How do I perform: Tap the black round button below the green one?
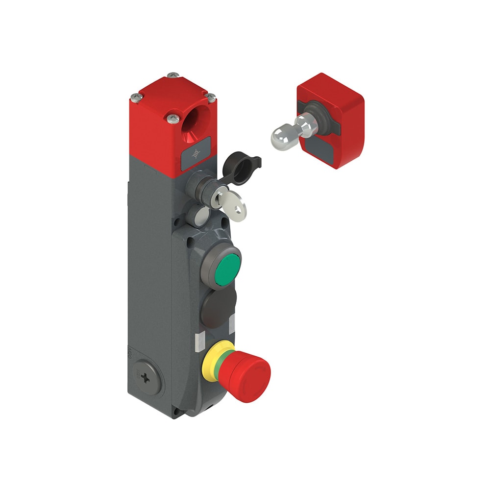click(218, 308)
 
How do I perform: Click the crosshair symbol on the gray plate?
click(196, 154)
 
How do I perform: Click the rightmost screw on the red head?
click(212, 98)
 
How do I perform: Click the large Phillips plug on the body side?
click(147, 378)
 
